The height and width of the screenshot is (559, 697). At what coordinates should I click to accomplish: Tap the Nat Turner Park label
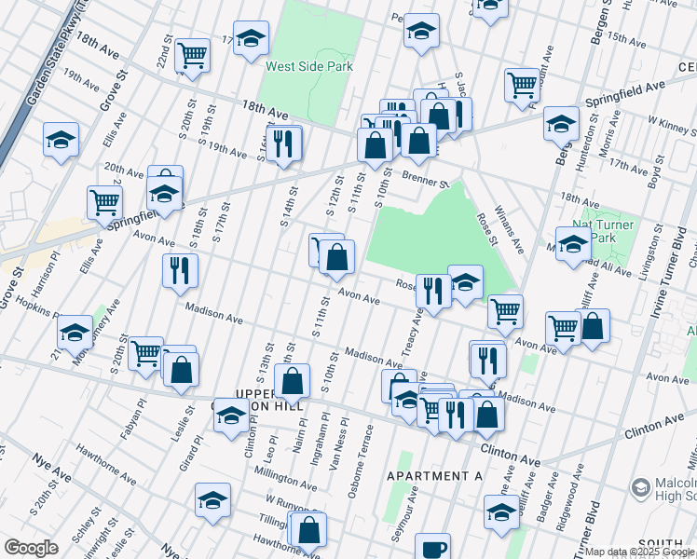(x=606, y=231)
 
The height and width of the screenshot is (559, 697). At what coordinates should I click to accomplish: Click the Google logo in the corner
(x=31, y=548)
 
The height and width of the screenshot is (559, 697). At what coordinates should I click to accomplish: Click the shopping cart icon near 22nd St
(x=192, y=53)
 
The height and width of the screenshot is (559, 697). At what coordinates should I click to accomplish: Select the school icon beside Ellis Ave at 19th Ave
(x=61, y=140)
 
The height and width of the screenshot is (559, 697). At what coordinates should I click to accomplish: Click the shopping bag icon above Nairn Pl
(x=293, y=379)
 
